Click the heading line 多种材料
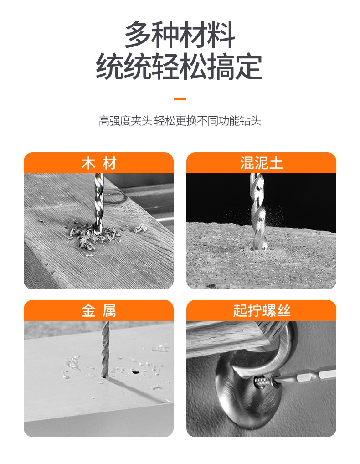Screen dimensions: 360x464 (180, 35)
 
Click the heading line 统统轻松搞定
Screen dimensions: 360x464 (179, 67)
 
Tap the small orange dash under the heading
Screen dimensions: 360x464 (180, 99)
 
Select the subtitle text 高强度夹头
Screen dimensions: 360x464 (125, 121)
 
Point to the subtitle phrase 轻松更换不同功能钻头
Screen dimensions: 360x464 (208, 121)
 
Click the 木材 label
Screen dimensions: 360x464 (99, 163)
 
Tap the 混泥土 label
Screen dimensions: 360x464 (261, 163)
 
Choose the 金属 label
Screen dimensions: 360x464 (99, 311)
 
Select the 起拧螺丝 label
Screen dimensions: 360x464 (262, 311)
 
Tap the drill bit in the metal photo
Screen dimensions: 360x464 (105, 349)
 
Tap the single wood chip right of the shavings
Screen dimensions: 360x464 (140, 228)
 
